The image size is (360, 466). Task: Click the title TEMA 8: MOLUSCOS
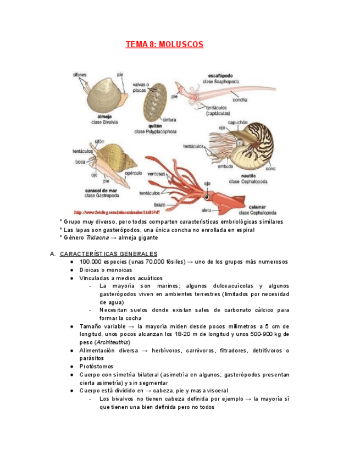(164, 44)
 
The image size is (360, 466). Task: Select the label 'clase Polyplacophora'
(154, 132)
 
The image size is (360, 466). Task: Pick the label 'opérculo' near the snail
(134, 173)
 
